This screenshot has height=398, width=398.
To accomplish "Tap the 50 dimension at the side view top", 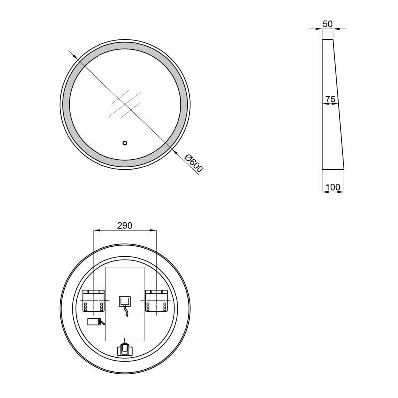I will click(327, 24).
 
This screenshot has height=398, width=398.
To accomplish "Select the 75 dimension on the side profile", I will click(330, 99).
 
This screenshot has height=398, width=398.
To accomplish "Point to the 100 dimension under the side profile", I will click(333, 187).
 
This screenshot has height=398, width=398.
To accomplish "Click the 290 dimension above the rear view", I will click(124, 225).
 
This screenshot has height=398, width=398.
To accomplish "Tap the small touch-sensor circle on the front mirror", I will click(125, 143).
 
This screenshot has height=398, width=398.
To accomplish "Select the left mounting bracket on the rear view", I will click(93, 301).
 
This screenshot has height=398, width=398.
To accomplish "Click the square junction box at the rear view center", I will click(124, 301).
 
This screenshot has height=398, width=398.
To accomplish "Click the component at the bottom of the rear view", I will click(125, 348).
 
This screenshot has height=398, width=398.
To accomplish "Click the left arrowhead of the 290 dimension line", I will click(96, 230).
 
